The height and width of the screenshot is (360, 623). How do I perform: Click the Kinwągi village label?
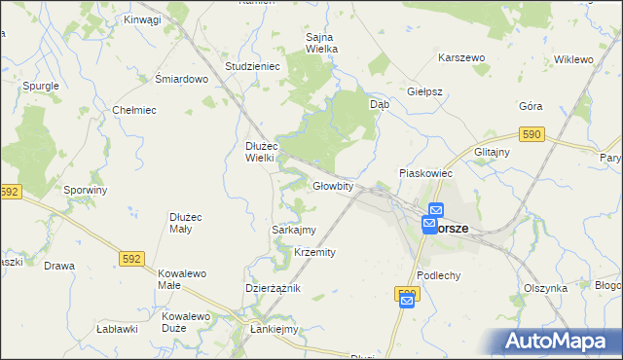point(143,19)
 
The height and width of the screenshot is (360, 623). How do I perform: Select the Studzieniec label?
point(252,66)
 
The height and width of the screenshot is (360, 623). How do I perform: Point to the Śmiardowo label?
point(182,80)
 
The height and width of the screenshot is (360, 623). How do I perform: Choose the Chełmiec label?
point(135,110)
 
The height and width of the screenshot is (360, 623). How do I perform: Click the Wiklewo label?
point(573,59)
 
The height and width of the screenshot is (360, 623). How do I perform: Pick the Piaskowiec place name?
point(426,173)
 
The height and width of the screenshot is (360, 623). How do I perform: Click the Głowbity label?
point(332,186)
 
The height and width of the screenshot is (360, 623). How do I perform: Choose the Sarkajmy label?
point(293,230)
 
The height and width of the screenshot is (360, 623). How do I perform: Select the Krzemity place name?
point(314,252)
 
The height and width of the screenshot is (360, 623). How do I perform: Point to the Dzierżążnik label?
point(273,289)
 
